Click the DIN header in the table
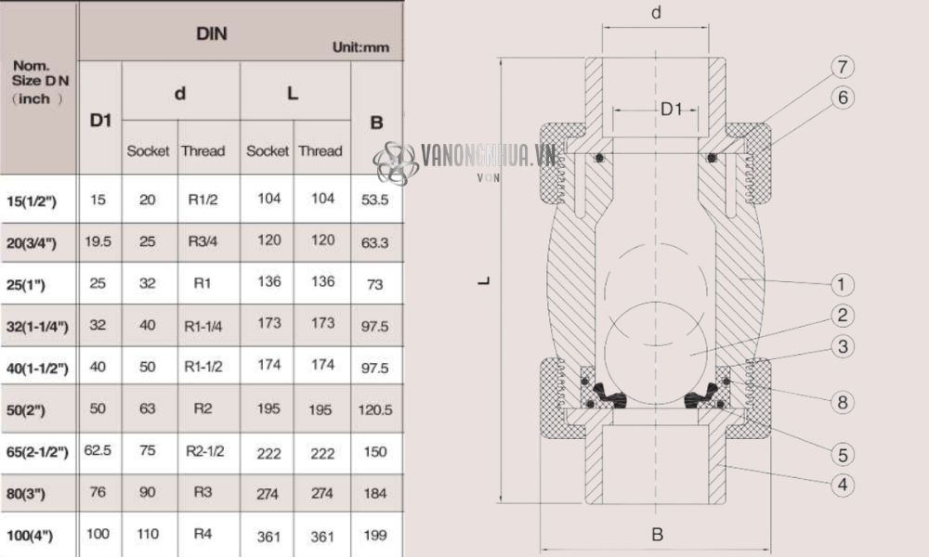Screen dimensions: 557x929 click(212, 34)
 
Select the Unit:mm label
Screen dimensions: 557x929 click(360, 47)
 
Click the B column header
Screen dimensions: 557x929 click(376, 122)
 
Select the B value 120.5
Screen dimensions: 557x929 click(375, 409)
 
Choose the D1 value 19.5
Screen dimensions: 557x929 click(98, 241)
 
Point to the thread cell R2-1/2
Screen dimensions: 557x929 click(203, 451)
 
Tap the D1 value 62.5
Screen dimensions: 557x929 click(98, 450)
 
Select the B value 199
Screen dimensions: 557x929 click(375, 536)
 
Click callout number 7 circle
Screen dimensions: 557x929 click(842, 68)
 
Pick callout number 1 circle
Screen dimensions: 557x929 click(842, 284)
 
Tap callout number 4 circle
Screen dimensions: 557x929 click(842, 485)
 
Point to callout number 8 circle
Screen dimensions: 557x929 click(842, 402)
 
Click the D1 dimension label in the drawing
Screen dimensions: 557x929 click(671, 110)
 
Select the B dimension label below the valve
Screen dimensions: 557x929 click(657, 535)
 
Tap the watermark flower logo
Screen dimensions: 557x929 click(394, 162)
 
